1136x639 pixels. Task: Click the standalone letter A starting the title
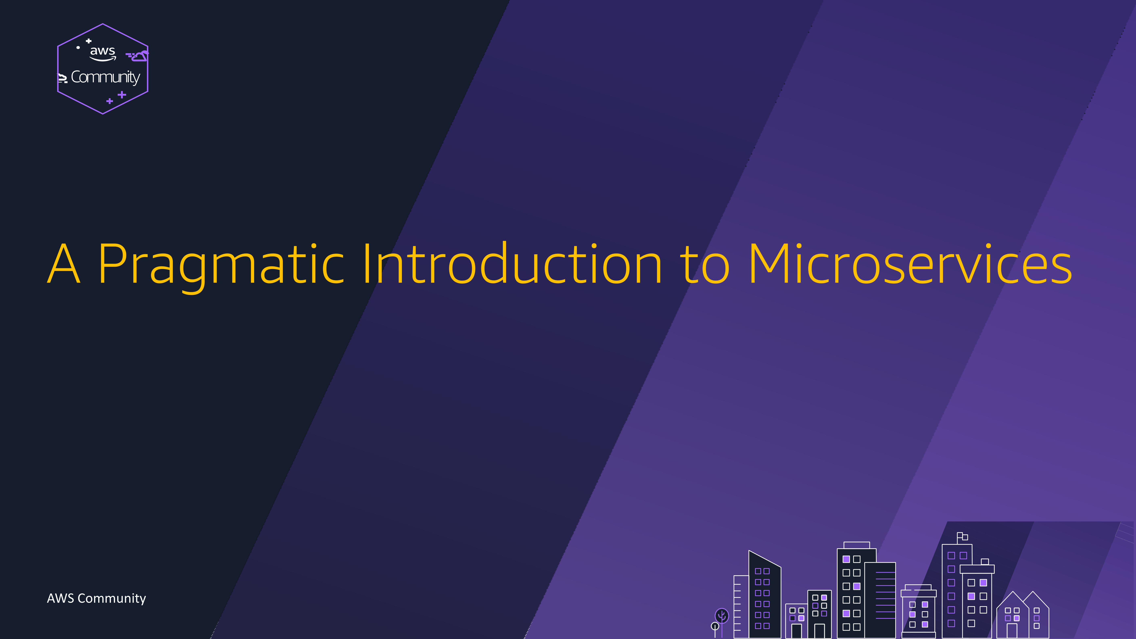pyautogui.click(x=64, y=263)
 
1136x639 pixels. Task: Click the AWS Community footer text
pyautogui.click(x=96, y=598)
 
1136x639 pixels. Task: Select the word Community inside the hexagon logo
pyautogui.click(x=105, y=77)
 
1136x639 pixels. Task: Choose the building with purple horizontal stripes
pyautogui.click(x=880, y=600)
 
